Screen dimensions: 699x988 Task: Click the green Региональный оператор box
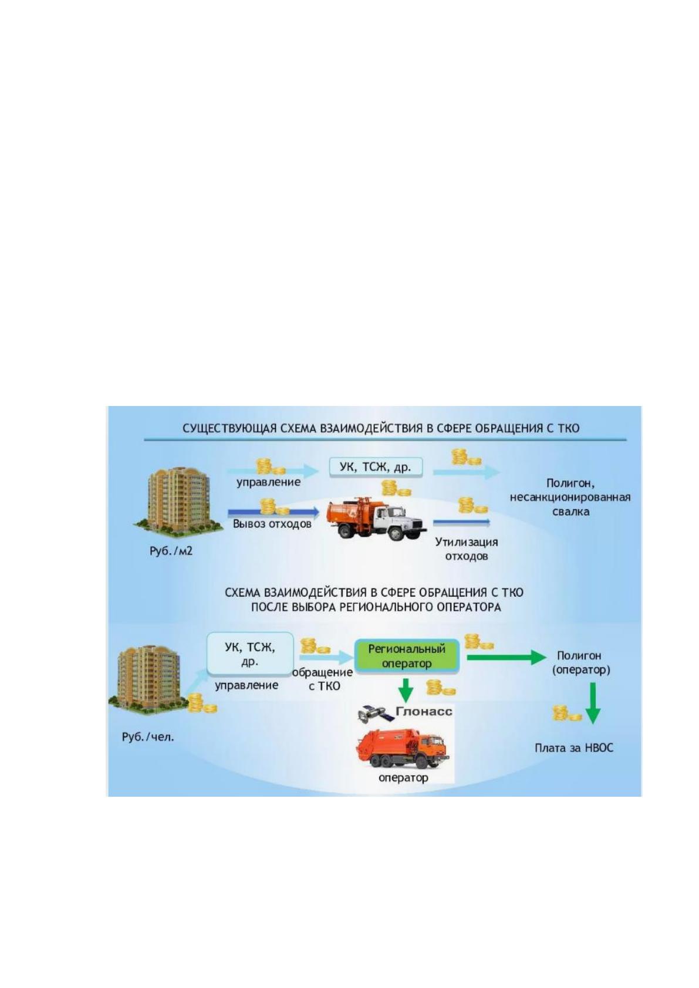pos(407,657)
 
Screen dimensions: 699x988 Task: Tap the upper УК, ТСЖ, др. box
pos(376,468)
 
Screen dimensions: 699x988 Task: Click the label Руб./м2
pos(171,551)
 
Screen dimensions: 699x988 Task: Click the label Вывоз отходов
pos(272,524)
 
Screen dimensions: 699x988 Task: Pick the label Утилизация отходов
pos(467,549)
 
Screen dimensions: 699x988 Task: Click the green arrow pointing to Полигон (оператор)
pos(506,657)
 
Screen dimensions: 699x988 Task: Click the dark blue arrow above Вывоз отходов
pos(273,512)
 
